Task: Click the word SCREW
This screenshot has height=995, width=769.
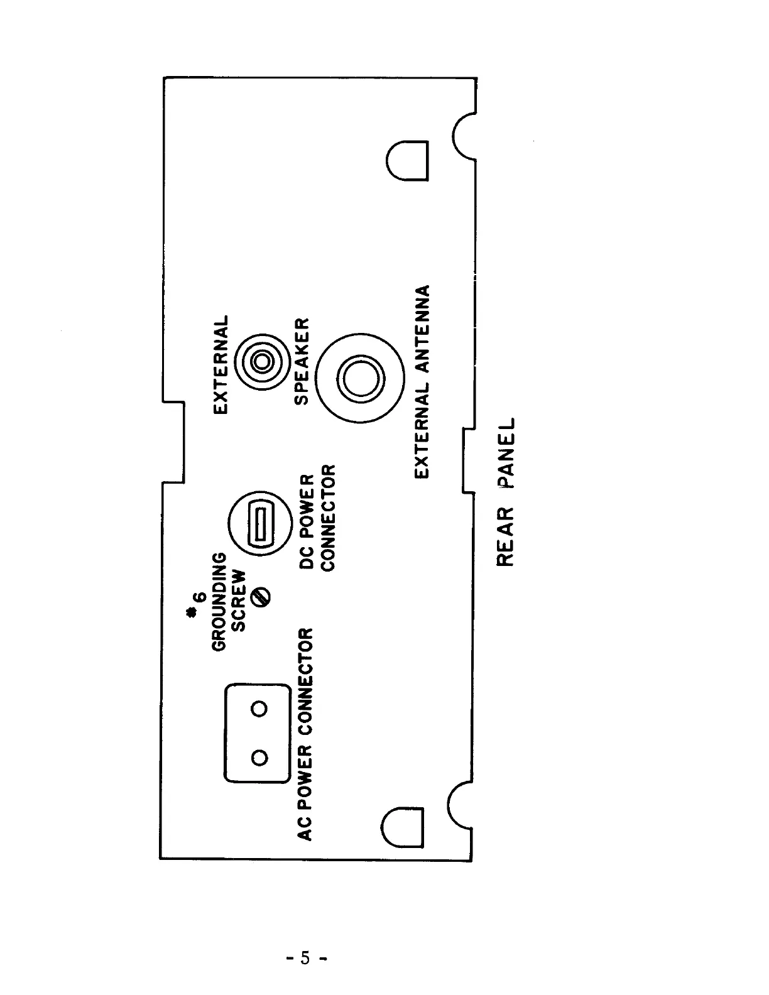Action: pyautogui.click(x=239, y=602)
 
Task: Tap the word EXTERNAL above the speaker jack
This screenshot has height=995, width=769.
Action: pyautogui.click(x=221, y=364)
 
